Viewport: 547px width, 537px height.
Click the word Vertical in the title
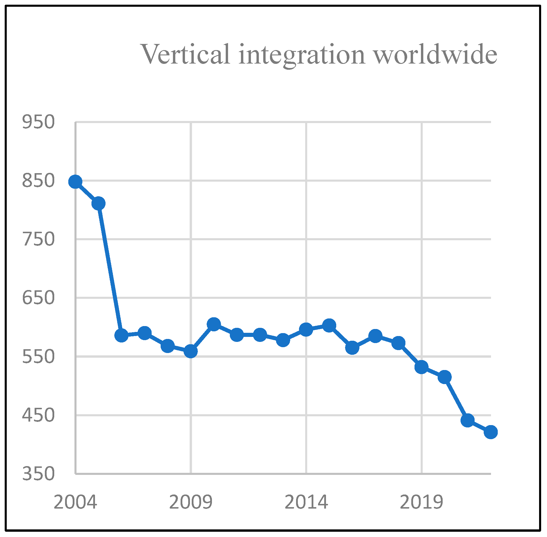[x=186, y=54]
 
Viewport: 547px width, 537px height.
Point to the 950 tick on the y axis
[x=38, y=122]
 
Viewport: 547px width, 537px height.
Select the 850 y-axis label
[x=38, y=180]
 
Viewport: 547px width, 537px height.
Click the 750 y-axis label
[x=38, y=239]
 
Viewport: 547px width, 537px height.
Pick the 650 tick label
[x=38, y=298]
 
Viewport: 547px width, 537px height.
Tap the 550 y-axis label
[x=38, y=357]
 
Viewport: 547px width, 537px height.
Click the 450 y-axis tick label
[x=38, y=415]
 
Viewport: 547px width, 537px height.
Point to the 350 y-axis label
[x=38, y=474]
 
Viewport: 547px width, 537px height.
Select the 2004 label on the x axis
[x=75, y=502]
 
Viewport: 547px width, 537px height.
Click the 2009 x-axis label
[x=191, y=502]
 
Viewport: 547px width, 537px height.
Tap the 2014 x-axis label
[x=306, y=502]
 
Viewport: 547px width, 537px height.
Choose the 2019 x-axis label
[x=421, y=502]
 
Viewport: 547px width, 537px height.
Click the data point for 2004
[x=75, y=182]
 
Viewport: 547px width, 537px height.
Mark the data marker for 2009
[x=191, y=351]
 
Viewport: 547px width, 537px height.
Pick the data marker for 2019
[x=421, y=367]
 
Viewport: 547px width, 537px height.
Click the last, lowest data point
[x=491, y=432]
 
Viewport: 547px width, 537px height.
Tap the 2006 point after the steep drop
[x=121, y=335]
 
